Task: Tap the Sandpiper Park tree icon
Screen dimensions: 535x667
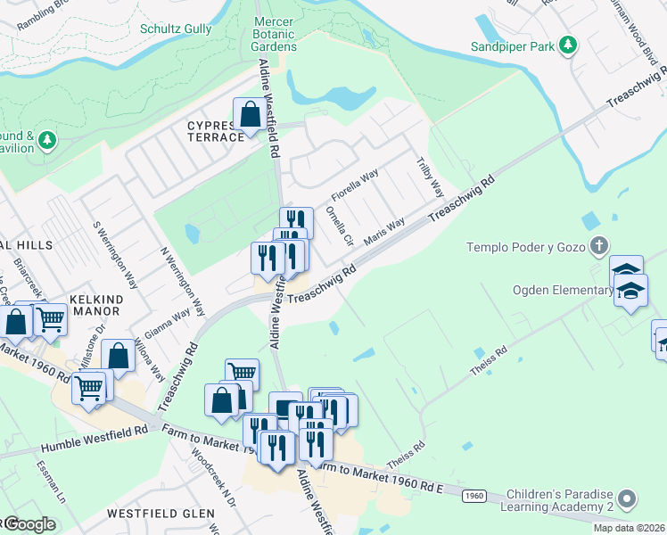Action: point(567,45)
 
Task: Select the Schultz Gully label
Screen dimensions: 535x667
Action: point(176,29)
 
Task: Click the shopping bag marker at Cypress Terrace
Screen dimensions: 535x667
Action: point(250,114)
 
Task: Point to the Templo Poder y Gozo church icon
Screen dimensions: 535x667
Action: point(600,245)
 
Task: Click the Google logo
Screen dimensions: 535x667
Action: point(29,524)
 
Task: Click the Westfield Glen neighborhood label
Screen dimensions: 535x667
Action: point(161,514)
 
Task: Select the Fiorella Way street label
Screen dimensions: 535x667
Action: point(355,185)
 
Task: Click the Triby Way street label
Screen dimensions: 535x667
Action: point(430,177)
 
